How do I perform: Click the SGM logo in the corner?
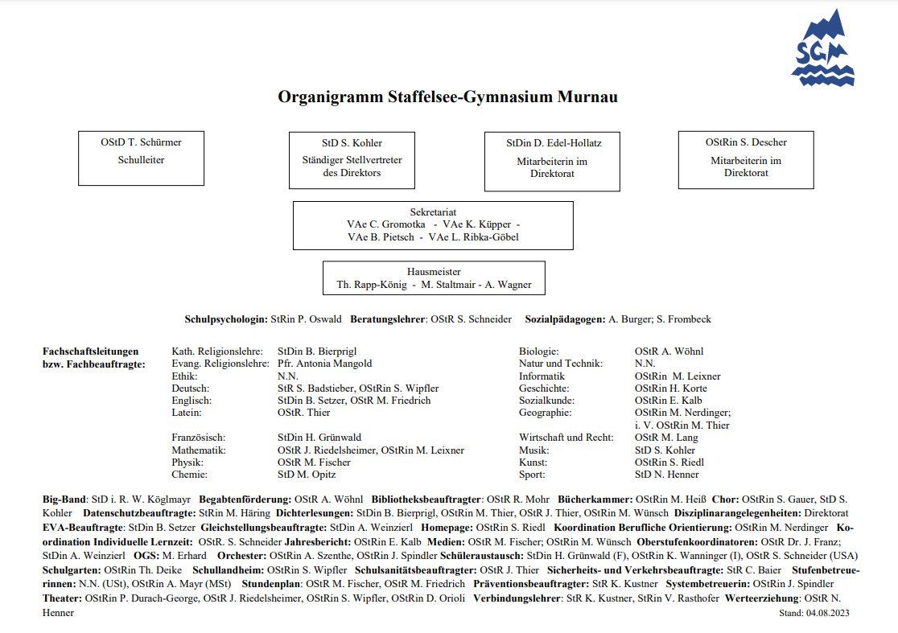(x=822, y=49)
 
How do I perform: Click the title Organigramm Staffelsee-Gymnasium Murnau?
(x=447, y=97)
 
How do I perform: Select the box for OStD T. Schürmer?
(x=141, y=158)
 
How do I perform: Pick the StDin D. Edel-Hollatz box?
(x=552, y=161)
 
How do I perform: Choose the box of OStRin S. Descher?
(x=746, y=159)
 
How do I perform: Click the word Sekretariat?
(x=433, y=212)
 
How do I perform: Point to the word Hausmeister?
(x=434, y=272)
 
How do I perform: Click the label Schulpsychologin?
(x=226, y=319)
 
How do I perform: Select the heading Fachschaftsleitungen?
(x=90, y=351)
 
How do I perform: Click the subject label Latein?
(x=186, y=413)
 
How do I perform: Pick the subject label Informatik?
(x=542, y=376)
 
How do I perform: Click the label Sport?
(x=532, y=475)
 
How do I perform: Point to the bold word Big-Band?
(x=64, y=499)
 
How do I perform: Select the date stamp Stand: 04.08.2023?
(x=814, y=613)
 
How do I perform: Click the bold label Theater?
(x=62, y=598)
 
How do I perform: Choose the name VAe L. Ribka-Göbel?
(x=473, y=237)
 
